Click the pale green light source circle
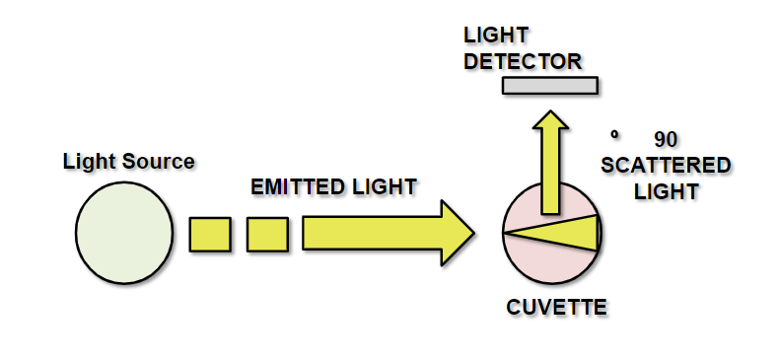click(x=124, y=233)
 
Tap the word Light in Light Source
click(x=84, y=161)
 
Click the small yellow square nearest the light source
click(x=210, y=234)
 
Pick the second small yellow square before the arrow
click(x=267, y=234)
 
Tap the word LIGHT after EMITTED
click(x=387, y=186)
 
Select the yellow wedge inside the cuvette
click(x=567, y=233)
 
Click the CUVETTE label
click(x=556, y=308)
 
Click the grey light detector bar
click(x=550, y=86)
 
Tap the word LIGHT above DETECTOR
click(x=493, y=36)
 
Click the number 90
click(x=666, y=139)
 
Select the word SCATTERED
click(x=666, y=165)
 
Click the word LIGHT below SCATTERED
click(x=666, y=190)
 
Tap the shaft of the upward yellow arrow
click(x=550, y=173)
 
